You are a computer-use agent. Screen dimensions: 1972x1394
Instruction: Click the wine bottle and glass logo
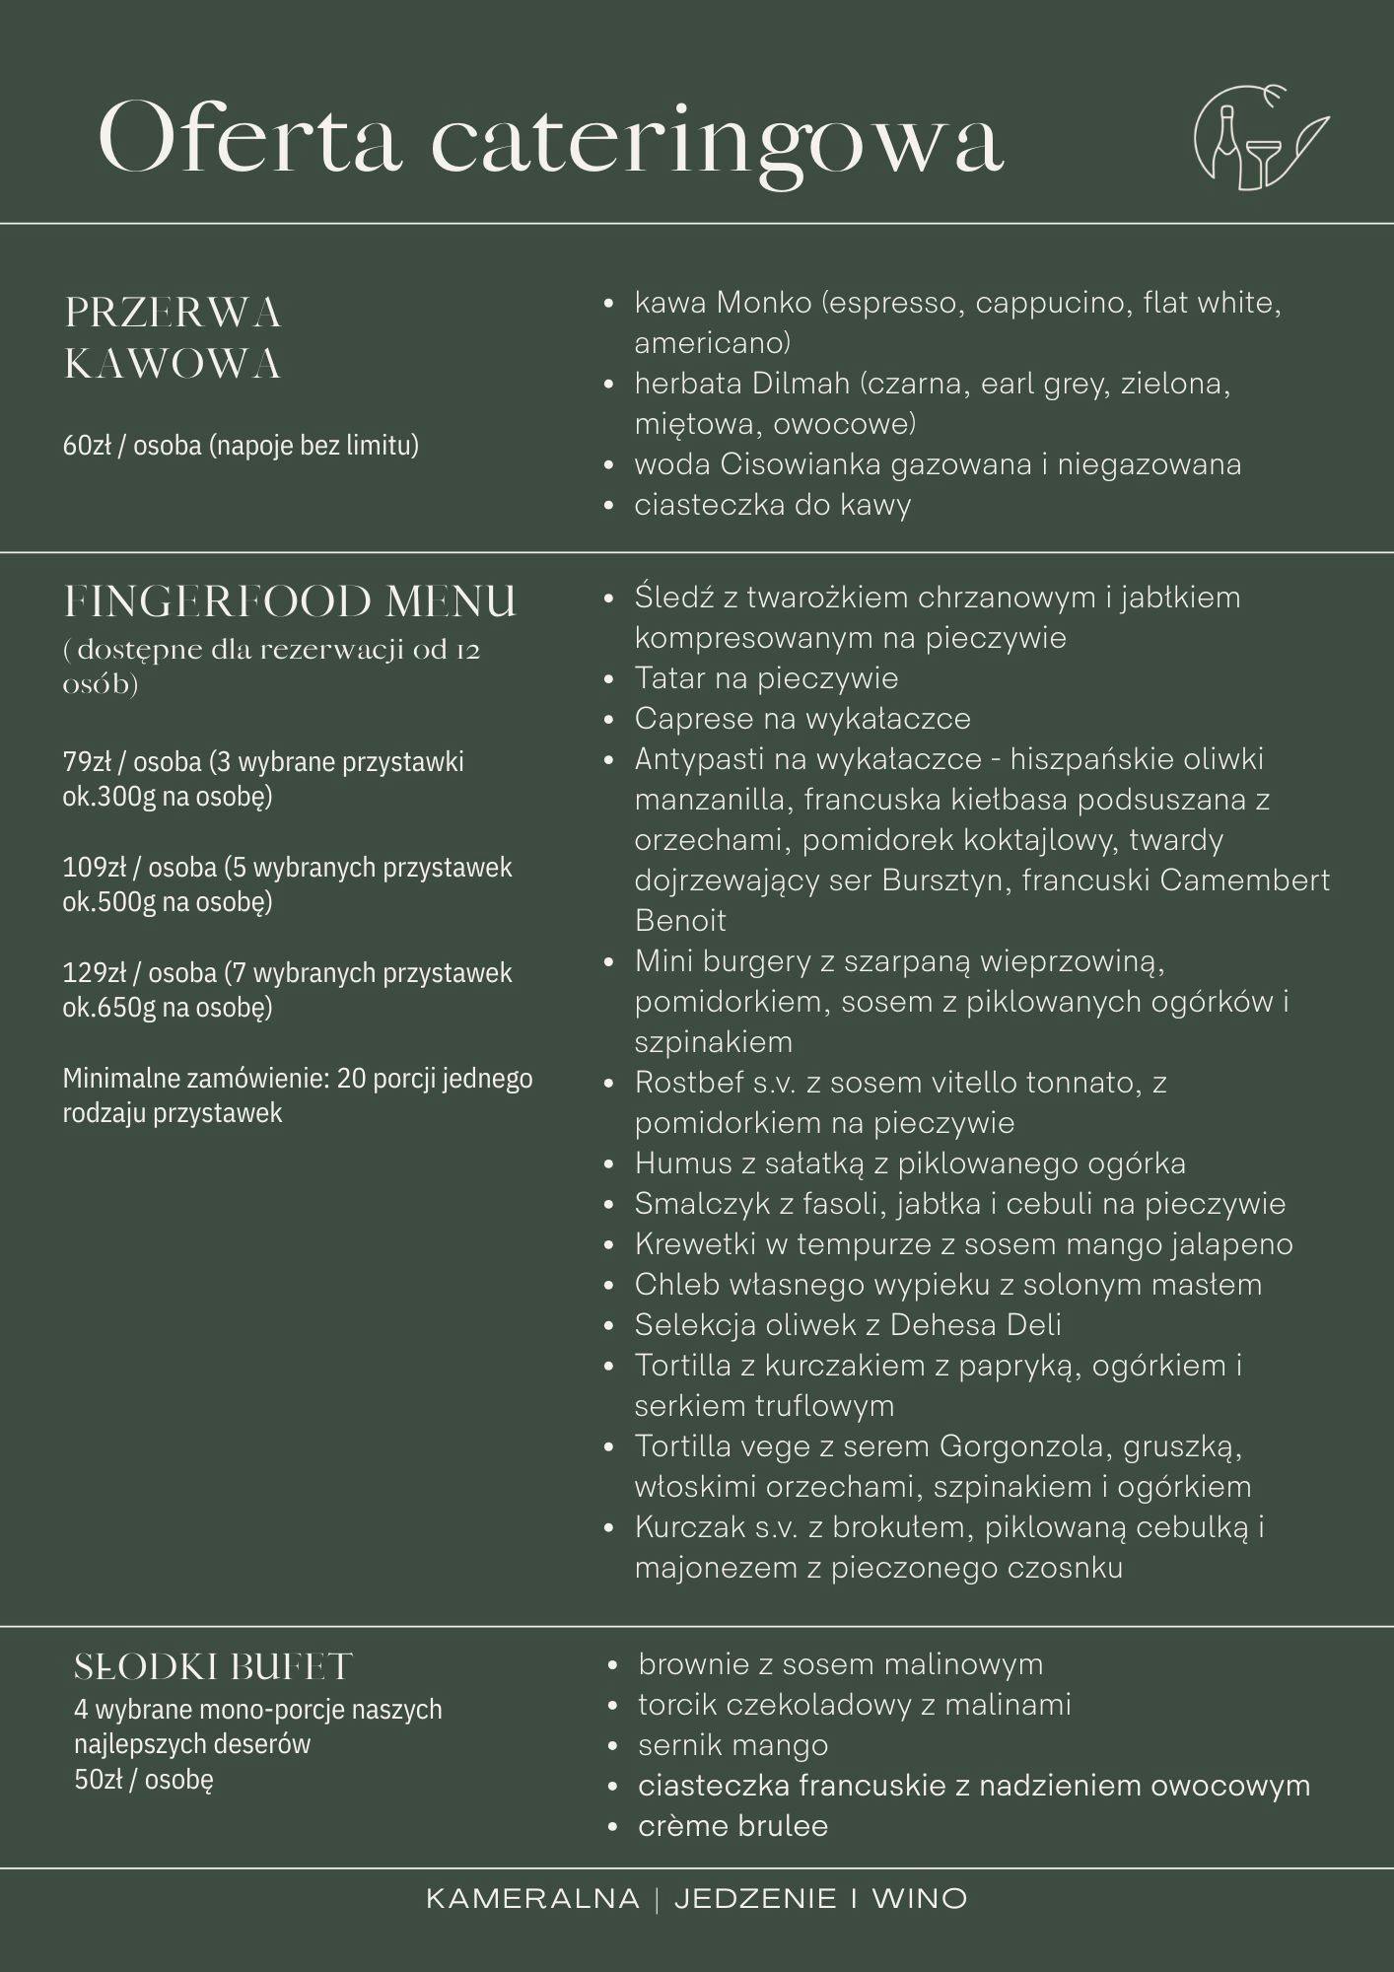tap(1260, 138)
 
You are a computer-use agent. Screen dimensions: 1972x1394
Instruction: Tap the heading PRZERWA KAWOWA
tap(173, 338)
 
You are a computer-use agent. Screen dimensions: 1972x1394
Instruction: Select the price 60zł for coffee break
tap(87, 446)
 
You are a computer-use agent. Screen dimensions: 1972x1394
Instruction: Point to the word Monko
tap(764, 302)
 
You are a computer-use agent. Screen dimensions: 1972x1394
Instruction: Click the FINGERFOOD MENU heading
tap(290, 601)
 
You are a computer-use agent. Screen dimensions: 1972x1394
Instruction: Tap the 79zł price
tap(87, 762)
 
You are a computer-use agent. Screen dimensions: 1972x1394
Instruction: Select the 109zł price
tap(92, 868)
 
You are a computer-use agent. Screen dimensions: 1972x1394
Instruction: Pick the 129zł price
tap(92, 973)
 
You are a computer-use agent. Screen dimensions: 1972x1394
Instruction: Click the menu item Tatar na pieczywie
tap(766, 678)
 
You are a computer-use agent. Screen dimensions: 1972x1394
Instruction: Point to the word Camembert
tap(1244, 880)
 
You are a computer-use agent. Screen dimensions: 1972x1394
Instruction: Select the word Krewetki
tap(695, 1244)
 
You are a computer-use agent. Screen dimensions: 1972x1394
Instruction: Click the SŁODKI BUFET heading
tap(213, 1667)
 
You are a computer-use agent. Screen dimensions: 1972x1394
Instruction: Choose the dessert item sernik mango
tap(732, 1745)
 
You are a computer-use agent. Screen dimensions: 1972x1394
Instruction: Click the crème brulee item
tap(732, 1826)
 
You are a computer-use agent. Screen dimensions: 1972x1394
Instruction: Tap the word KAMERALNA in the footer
tap(532, 1899)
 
